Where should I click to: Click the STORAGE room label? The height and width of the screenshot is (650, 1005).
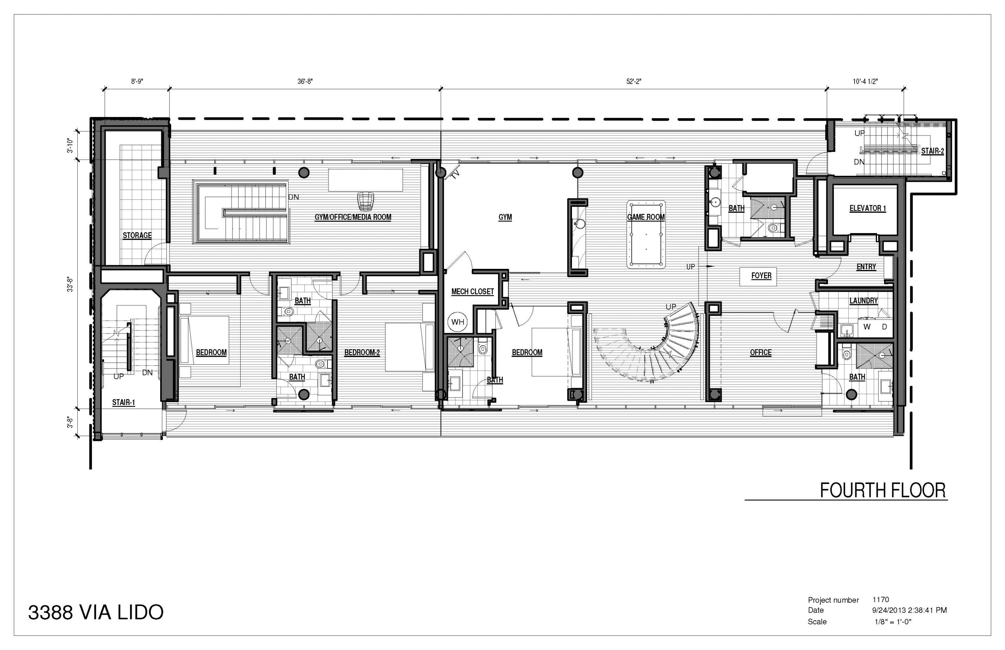coord(137,235)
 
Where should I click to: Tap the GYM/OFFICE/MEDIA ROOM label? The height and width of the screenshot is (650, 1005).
coord(353,217)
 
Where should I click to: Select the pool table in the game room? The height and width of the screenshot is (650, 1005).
coord(646,234)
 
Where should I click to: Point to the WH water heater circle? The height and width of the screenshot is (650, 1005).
coord(457,322)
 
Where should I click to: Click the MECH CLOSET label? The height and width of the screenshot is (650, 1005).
coord(472,291)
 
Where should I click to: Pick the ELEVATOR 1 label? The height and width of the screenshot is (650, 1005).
coord(867,208)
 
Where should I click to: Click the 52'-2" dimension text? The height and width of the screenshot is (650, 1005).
coord(634,82)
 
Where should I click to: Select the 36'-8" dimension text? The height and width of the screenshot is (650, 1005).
coord(305,82)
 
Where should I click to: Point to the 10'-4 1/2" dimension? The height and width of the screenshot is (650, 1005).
coord(865,82)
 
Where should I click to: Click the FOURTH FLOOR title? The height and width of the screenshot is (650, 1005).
coord(883,491)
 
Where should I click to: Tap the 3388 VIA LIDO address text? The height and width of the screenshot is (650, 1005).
coord(96,612)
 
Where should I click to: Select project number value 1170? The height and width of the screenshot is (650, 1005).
coord(881,599)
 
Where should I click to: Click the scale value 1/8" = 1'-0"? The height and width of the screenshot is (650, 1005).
coord(893,622)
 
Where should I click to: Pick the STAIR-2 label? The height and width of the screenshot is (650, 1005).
coord(932,151)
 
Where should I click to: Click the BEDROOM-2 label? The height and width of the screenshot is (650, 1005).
coord(362,352)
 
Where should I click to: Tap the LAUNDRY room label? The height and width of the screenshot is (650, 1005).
coord(864,301)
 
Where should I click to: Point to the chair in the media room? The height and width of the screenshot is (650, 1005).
coord(365,201)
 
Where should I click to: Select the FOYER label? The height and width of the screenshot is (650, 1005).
coord(761,276)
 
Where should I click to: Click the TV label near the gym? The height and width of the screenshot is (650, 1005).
coord(455,174)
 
